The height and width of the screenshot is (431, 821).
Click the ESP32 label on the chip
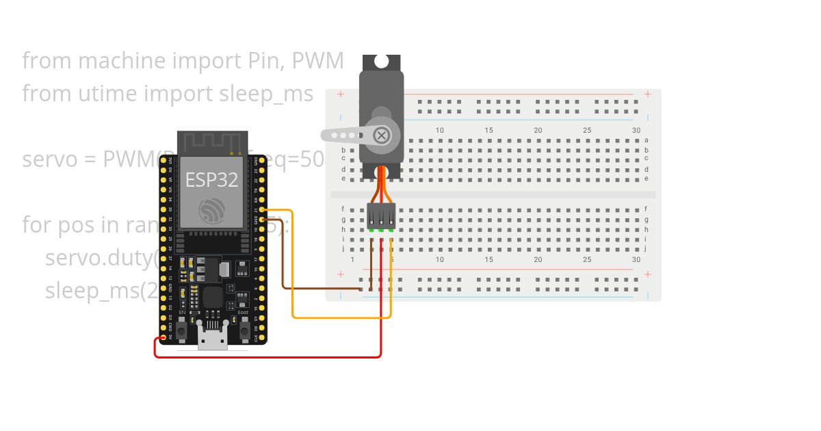pyautogui.click(x=211, y=180)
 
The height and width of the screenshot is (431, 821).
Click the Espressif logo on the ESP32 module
pyautogui.click(x=211, y=210)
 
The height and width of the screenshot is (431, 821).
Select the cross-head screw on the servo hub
pyautogui.click(x=381, y=135)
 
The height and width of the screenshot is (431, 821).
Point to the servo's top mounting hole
pyautogui.click(x=381, y=62)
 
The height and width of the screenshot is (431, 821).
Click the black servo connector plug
pyautogui.click(x=381, y=215)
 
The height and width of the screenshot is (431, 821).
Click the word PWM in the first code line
pyautogui.click(x=317, y=61)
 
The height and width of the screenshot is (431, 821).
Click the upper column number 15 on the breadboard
pyautogui.click(x=488, y=130)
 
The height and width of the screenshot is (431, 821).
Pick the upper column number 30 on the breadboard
pyautogui.click(x=636, y=130)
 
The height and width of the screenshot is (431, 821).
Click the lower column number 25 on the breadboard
pyautogui.click(x=587, y=260)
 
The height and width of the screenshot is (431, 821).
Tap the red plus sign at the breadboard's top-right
pyautogui.click(x=647, y=94)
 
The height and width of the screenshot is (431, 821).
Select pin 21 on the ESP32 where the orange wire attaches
pyautogui.click(x=262, y=209)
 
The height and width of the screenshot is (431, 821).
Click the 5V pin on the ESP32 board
pyautogui.click(x=163, y=337)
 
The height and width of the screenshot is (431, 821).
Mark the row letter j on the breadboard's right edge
pyautogui.click(x=646, y=248)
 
